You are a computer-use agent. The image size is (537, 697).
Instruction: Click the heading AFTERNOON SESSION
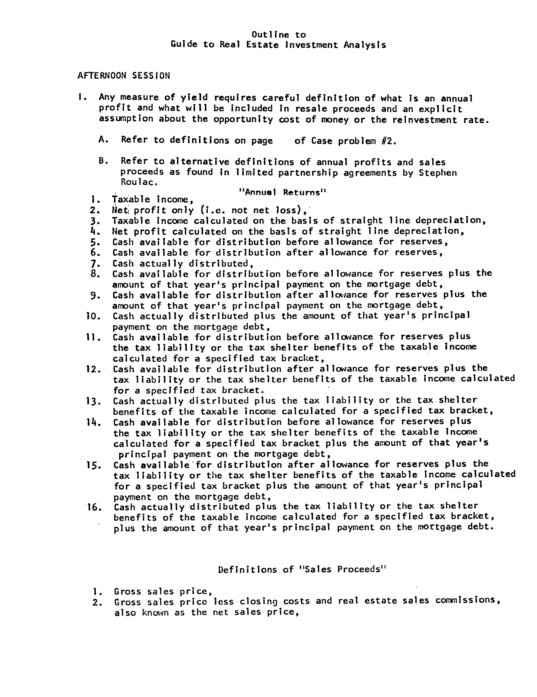[123, 76]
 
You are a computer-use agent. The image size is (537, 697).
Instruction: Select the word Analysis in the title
[365, 45]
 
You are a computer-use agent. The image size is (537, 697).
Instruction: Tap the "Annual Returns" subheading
[283, 192]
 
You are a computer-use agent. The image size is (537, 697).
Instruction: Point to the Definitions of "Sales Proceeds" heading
[302, 570]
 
